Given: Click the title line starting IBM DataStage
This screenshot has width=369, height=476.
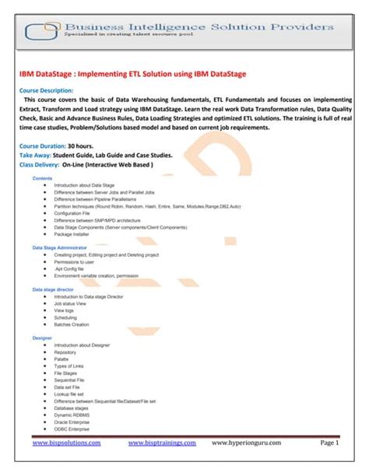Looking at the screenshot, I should pyautogui.click(x=132, y=74).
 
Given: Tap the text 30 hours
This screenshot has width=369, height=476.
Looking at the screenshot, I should pyautogui.click(x=83, y=145).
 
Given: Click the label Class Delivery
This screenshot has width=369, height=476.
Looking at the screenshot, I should pyautogui.click(x=41, y=164).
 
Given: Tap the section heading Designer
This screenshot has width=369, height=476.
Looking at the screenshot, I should pyautogui.click(x=42, y=338).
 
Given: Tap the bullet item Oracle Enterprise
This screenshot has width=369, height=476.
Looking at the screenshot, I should pyautogui.click(x=77, y=421).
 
